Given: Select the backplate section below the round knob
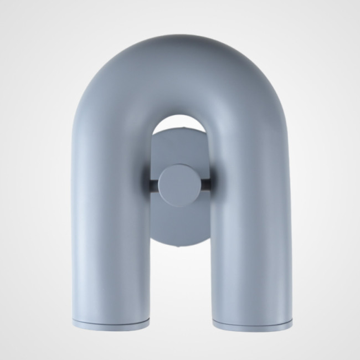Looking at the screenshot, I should tap(179, 227).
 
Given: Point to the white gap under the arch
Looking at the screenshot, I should tap(179, 123).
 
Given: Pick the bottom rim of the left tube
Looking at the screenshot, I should tap(111, 327).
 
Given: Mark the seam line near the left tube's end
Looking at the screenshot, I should tap(111, 320).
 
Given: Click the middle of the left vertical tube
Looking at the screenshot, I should tap(111, 222).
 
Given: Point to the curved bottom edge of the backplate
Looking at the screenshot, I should tap(179, 244).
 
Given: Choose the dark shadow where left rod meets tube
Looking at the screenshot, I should tap(147, 184).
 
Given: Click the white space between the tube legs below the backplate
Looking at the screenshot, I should tap(179, 288).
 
